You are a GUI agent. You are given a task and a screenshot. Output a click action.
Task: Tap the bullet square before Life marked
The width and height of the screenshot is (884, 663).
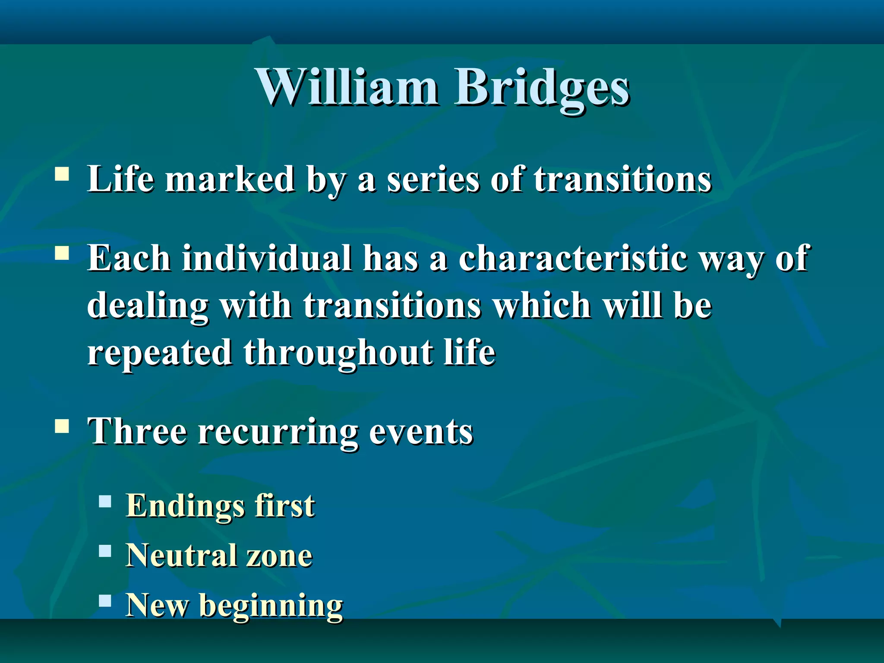(x=62, y=174)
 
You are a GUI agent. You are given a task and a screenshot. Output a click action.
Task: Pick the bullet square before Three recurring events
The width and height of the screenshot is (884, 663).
(x=62, y=426)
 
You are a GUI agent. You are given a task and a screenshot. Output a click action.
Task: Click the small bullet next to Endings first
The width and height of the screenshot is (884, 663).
(x=105, y=502)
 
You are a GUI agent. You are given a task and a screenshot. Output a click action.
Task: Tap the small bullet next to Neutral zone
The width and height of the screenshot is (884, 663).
(x=105, y=551)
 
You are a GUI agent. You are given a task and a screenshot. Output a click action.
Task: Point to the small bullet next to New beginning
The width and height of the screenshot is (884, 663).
(x=105, y=601)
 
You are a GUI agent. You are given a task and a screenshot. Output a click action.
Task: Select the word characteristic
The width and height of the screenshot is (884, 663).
(x=572, y=258)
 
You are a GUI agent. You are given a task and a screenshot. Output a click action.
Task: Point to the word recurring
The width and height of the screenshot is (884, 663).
(x=278, y=432)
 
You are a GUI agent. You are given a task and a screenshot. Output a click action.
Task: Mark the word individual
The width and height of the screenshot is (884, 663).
(x=267, y=258)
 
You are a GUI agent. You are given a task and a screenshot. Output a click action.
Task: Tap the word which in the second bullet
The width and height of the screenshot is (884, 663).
(x=542, y=305)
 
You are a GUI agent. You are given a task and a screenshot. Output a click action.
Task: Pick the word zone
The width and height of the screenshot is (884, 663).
(x=279, y=556)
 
